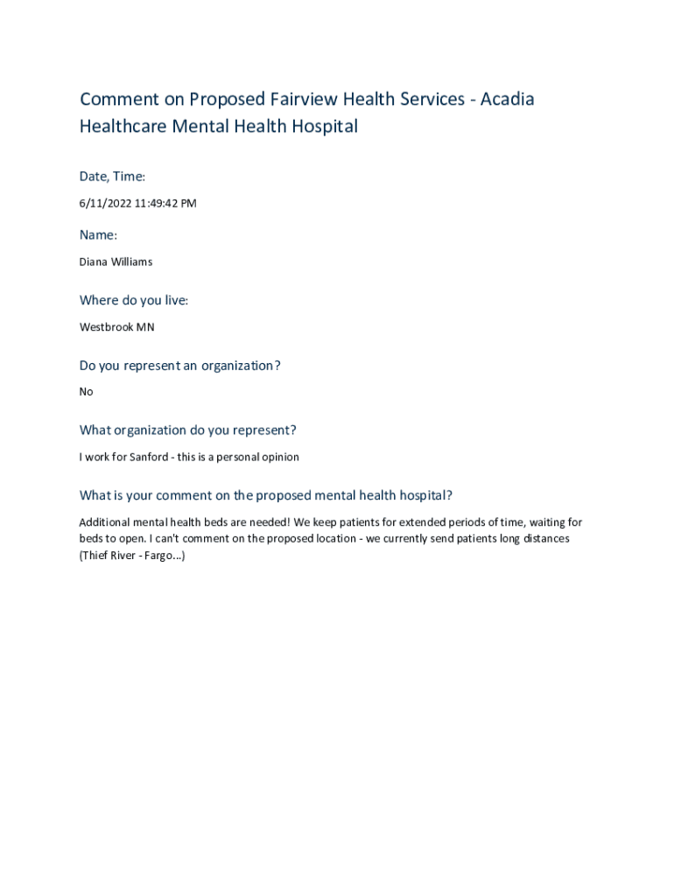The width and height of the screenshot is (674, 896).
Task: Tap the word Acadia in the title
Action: click(x=506, y=99)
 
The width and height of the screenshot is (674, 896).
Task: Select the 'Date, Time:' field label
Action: click(x=112, y=177)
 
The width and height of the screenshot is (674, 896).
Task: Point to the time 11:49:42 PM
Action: click(x=165, y=204)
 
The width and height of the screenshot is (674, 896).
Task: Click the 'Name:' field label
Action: click(x=98, y=234)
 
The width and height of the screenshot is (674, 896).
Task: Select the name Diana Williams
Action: click(x=116, y=262)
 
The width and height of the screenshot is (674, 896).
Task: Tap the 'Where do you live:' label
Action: click(x=134, y=300)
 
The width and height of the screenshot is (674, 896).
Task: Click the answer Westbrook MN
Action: click(x=117, y=327)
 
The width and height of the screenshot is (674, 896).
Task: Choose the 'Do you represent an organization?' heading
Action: click(x=179, y=365)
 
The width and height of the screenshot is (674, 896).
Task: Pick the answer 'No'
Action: click(x=86, y=392)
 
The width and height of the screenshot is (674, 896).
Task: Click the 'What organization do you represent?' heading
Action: click(x=187, y=430)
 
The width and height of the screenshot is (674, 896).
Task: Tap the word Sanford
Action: click(x=151, y=457)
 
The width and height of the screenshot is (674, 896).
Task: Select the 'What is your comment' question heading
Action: click(x=265, y=495)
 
